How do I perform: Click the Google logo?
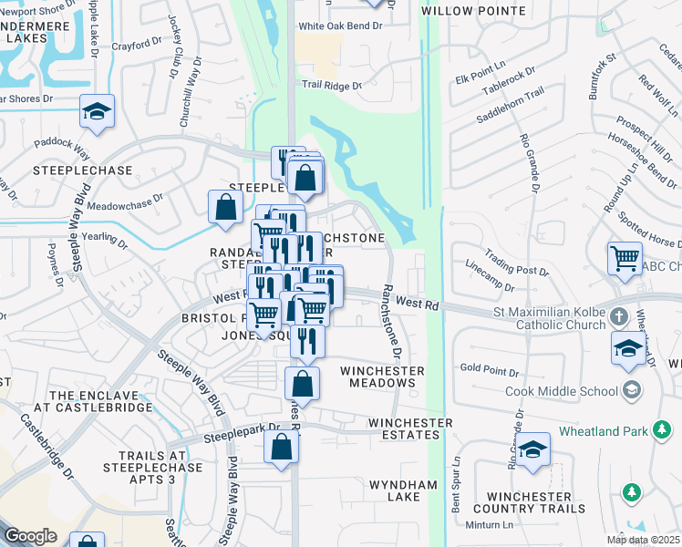30,535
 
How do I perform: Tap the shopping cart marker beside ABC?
625,258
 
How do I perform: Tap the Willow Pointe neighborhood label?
473,11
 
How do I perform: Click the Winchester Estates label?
410,429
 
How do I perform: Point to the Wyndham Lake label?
403,490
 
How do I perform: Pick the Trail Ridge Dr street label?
332,85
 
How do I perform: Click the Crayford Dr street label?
136,46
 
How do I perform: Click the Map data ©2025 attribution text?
643,540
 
